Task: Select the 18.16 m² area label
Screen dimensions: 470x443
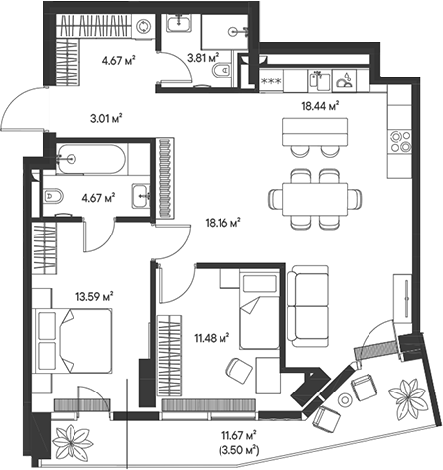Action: (x=224, y=223)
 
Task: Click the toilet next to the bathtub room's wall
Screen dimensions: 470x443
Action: (x=56, y=195)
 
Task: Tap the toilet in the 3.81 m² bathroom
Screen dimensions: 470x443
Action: (x=225, y=70)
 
